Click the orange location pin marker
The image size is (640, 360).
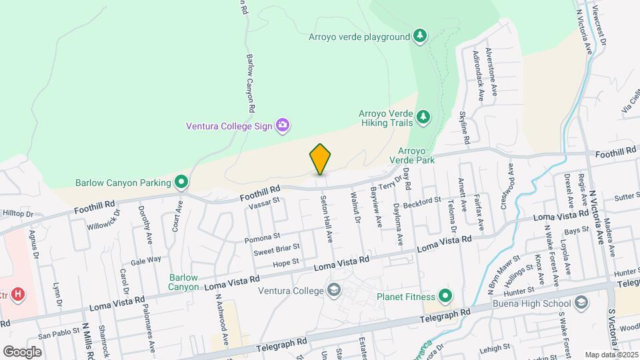coord(320,159)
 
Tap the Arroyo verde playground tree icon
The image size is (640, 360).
coord(419,35)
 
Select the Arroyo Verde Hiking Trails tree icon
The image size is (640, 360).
coord(423,118)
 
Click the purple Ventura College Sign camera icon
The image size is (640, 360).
coord(283,124)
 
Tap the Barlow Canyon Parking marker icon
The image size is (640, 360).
coord(181,181)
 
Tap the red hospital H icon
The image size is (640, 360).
coord(19,294)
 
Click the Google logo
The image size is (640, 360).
coord(22,351)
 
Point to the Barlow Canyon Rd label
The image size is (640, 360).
coord(251,83)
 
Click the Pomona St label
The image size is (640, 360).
coord(261,237)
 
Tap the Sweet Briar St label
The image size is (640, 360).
coord(273,251)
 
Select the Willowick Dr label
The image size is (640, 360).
coord(103,219)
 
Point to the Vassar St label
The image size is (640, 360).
coord(263,204)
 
